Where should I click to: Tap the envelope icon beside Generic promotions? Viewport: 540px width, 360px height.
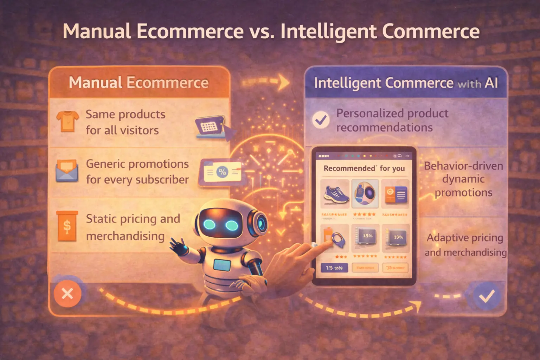click(67, 171)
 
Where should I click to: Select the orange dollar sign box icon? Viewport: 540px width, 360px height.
click(67, 226)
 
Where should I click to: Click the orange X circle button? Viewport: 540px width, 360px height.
click(67, 293)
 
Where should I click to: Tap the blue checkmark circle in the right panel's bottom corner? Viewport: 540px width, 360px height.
click(487, 296)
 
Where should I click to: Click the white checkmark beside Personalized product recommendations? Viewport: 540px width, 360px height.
click(321, 120)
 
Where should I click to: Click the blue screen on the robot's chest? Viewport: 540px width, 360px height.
click(222, 265)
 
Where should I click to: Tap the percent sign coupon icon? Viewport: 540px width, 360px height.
click(222, 172)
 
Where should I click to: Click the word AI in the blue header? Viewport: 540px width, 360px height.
click(491, 83)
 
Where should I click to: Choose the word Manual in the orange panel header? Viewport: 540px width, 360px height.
click(95, 83)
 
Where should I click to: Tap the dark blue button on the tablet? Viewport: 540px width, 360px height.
click(334, 268)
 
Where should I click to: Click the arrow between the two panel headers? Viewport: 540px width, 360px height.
click(267, 82)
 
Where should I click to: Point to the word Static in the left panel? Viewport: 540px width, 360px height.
click(102, 219)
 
